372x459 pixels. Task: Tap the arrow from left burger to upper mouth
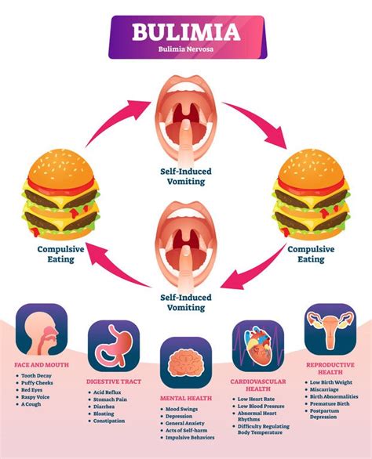pyautogui.click(x=110, y=117)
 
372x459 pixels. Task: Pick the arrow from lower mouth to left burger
pyautogui.click(x=110, y=270)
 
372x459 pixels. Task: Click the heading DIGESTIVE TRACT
pyautogui.click(x=114, y=381)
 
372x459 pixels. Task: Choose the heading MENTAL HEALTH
pyautogui.click(x=186, y=399)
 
